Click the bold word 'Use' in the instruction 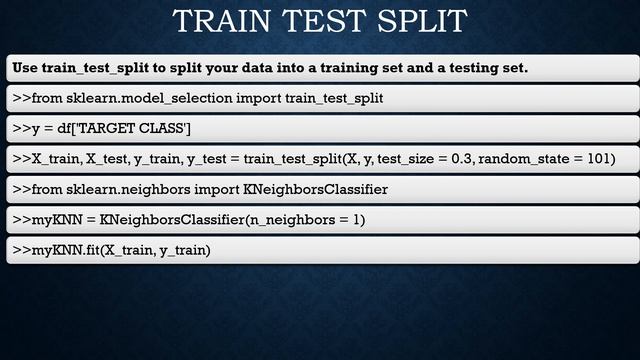pyautogui.click(x=25, y=68)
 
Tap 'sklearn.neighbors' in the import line pyautogui.click(x=125, y=189)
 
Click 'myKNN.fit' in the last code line pyautogui.click(x=65, y=249)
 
